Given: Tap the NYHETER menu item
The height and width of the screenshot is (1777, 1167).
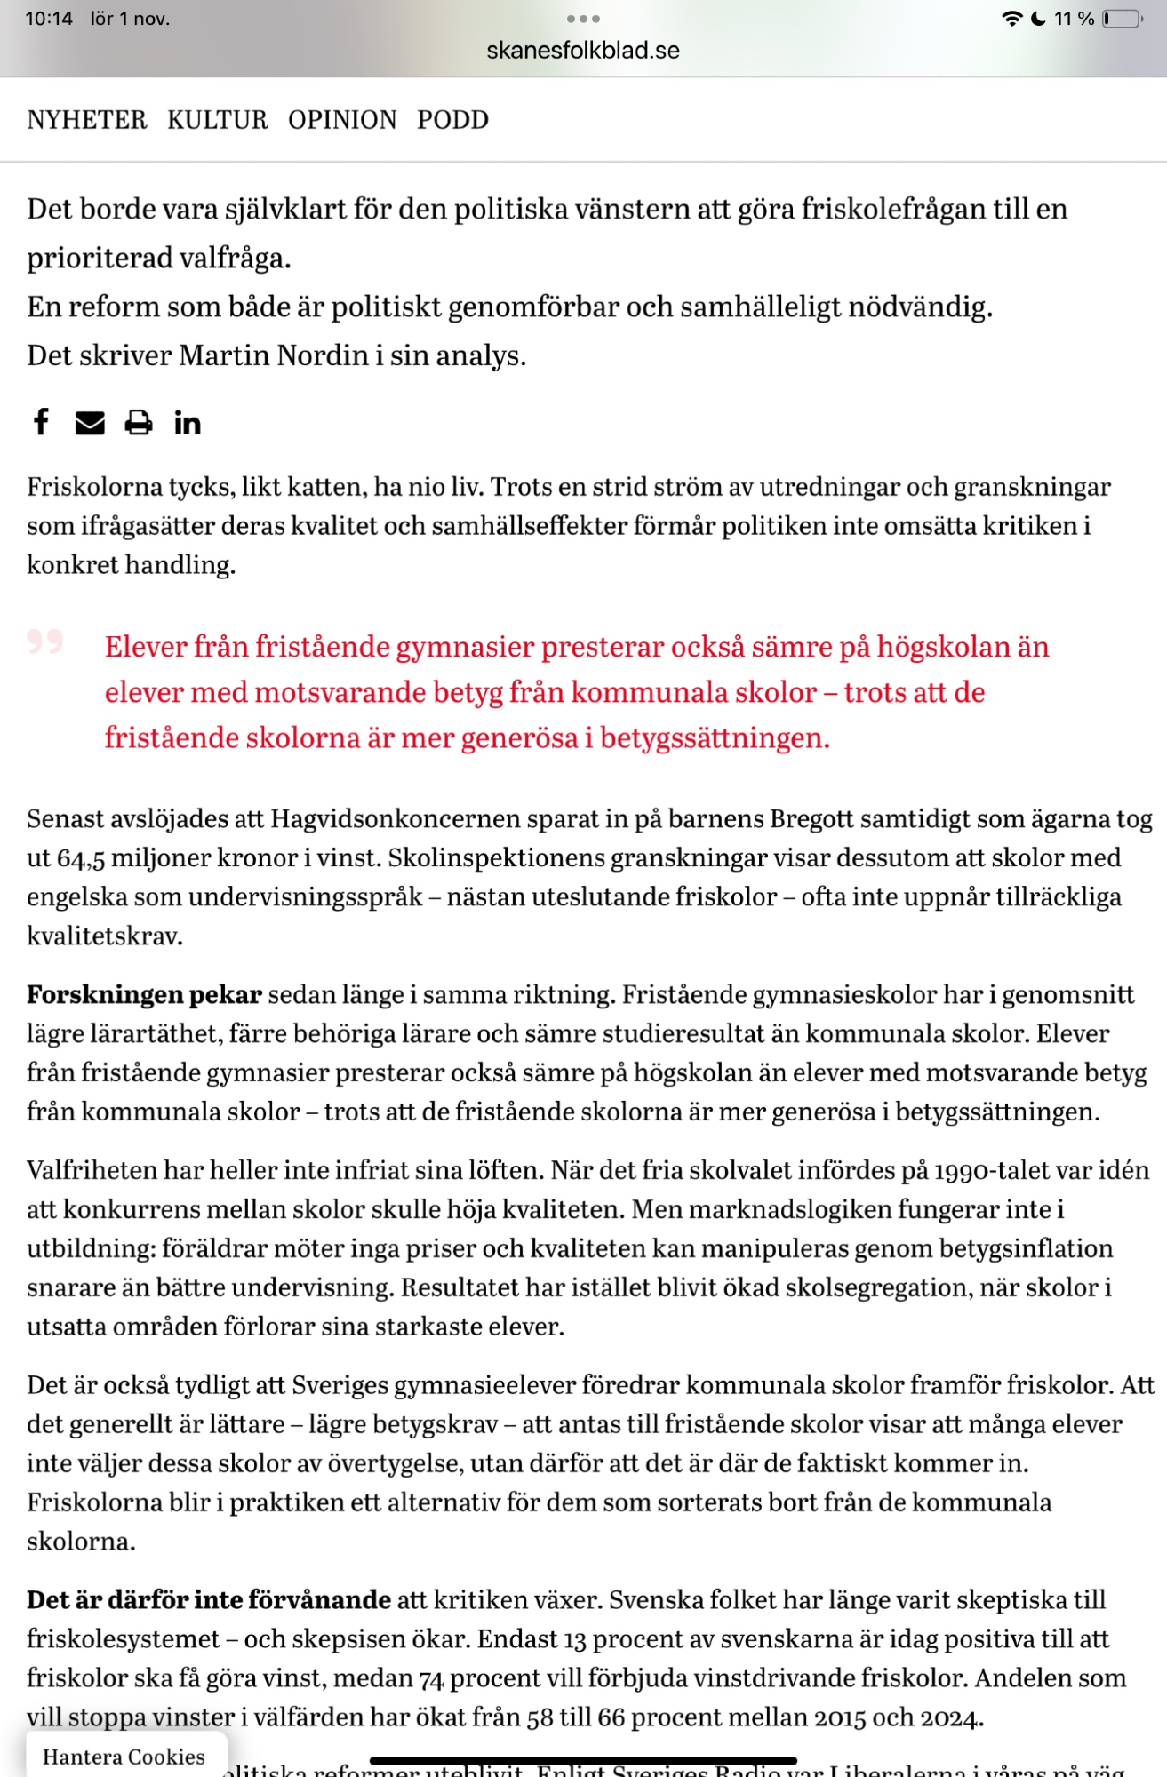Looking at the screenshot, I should coord(86,120).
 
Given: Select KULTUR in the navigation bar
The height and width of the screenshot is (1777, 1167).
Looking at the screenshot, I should coord(217,120).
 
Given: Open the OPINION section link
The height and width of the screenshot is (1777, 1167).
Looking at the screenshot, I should coord(342,120).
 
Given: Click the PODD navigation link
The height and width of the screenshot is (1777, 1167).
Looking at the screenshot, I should coord(452,120).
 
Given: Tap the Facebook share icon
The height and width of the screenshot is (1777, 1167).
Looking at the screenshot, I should coord(41,421).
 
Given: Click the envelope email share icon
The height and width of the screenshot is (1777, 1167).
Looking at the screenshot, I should coord(90,423).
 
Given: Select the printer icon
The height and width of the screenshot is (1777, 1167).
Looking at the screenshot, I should coord(138,423).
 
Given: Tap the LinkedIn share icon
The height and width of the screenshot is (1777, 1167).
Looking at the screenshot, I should coord(187,423).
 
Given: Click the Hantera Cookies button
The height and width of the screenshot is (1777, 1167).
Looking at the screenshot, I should coord(124,1757).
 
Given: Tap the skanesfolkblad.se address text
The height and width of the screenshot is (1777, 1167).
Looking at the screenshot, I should coord(583,51).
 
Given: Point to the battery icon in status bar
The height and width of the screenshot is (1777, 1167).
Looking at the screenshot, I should coord(1123,19).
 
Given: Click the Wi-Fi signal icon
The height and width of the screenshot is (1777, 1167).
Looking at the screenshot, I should coord(1011,19).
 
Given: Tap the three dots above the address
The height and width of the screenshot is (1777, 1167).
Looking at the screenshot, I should coord(583,19).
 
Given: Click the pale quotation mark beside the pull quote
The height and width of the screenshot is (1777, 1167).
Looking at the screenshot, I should coord(44,641).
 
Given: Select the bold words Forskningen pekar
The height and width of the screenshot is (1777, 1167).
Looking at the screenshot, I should coord(144,994).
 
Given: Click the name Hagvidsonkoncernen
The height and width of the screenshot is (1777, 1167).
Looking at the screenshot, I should coord(396,818).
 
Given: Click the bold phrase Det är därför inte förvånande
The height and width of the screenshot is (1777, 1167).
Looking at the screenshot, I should coord(209,1599).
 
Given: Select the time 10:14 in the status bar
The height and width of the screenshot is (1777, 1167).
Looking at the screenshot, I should coord(49,19).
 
